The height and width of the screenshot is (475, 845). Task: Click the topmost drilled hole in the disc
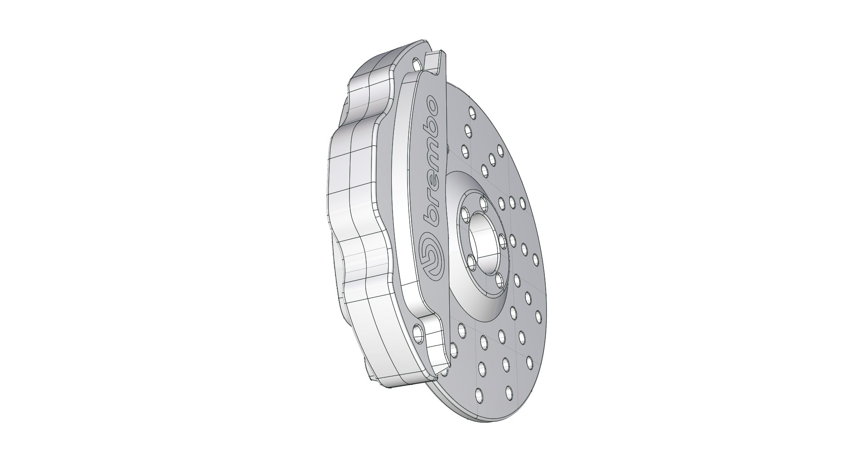471,112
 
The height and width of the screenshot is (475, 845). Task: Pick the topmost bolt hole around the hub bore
484,204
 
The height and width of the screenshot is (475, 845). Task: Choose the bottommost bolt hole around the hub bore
499,280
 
